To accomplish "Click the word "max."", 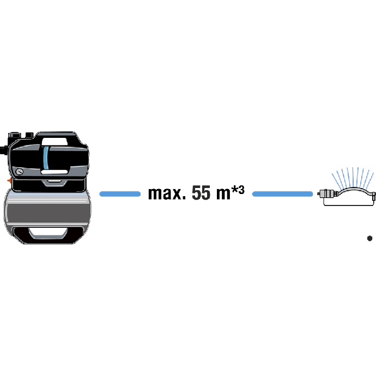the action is [x=167, y=193].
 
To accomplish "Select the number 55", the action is [x=201, y=192].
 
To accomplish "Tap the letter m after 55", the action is [x=223, y=194].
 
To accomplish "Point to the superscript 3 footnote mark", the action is [x=241, y=190].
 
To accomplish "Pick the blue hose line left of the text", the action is [x=120, y=194].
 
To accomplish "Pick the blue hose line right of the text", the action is [x=282, y=194].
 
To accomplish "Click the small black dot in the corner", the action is [x=369, y=238].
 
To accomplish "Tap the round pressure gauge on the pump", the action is [x=20, y=172].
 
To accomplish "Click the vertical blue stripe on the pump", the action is [x=46, y=158].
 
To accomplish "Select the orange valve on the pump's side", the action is [x=9, y=180].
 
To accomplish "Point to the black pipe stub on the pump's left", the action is [x=4, y=150].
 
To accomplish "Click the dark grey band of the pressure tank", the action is [x=47, y=214].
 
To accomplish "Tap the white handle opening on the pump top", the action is [x=54, y=142].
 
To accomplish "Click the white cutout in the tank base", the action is [x=48, y=232].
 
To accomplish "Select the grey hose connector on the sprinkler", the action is [x=327, y=193].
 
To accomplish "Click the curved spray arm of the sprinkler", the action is [x=354, y=190].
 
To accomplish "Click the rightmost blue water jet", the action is [x=369, y=180].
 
